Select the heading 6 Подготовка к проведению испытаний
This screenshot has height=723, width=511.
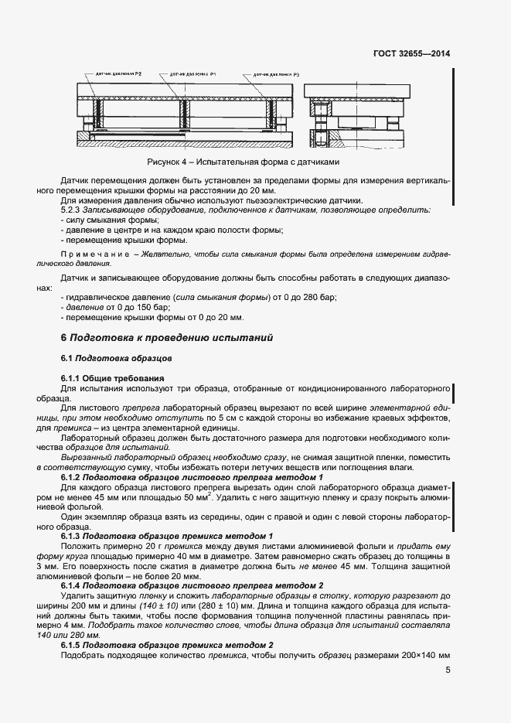tap(166, 338)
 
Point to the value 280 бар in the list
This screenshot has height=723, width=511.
tap(322, 297)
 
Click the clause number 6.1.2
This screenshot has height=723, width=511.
tap(73, 479)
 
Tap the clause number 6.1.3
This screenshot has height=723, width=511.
tap(73, 535)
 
